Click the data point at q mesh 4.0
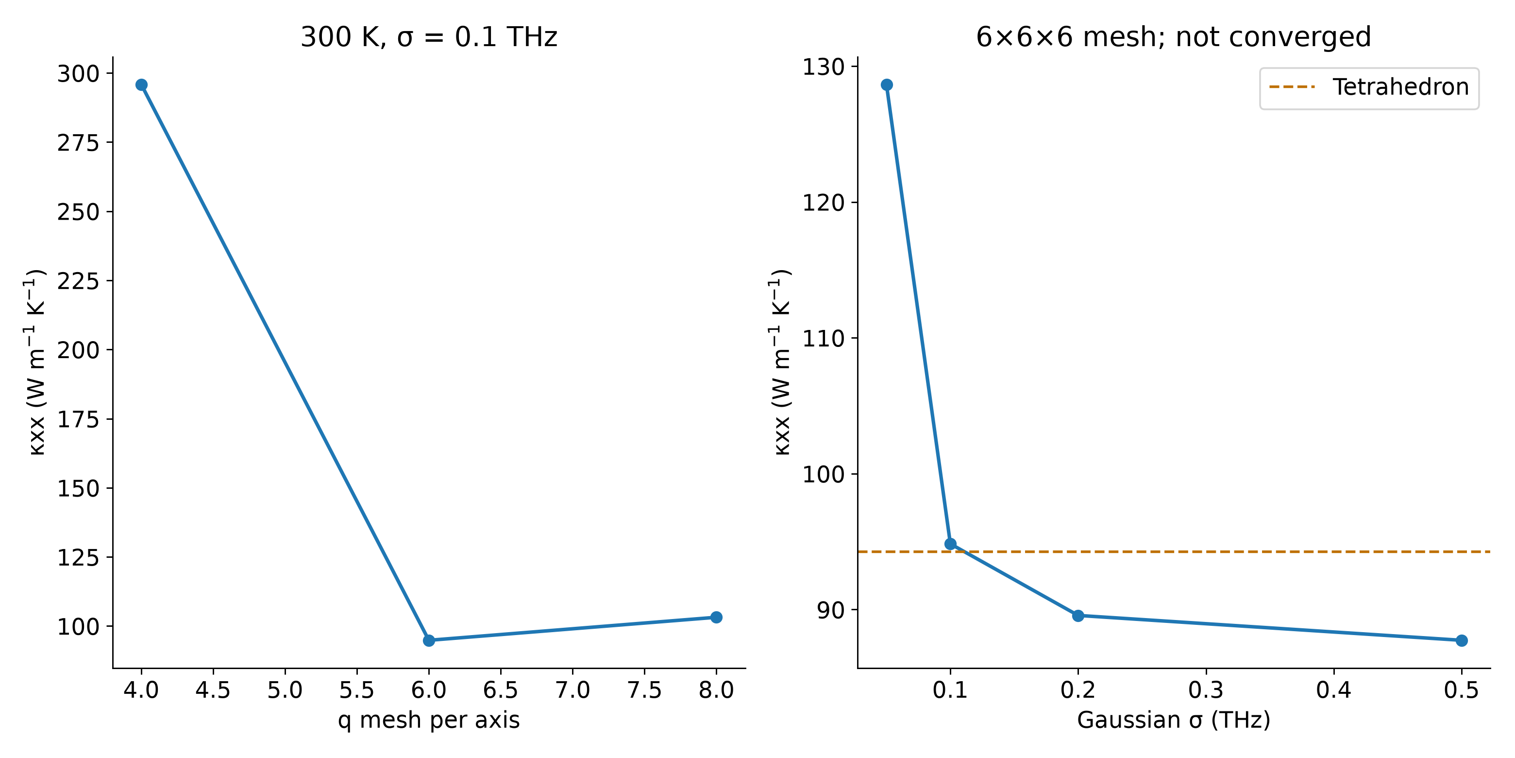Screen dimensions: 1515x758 point(141,85)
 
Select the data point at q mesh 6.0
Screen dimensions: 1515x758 point(429,640)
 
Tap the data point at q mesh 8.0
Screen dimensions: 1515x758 point(716,618)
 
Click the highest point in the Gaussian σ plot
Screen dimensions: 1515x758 point(886,85)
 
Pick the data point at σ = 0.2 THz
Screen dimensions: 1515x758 point(1078,616)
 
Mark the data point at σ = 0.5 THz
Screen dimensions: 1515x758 point(1462,640)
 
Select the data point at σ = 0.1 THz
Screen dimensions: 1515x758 point(950,544)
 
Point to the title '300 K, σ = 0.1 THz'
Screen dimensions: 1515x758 point(429,37)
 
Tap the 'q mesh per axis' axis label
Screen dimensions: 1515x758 point(429,720)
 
